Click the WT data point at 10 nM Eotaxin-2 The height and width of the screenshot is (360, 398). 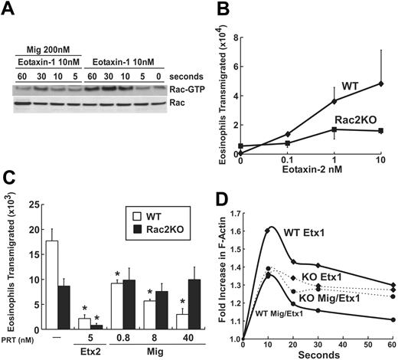(380, 83)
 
